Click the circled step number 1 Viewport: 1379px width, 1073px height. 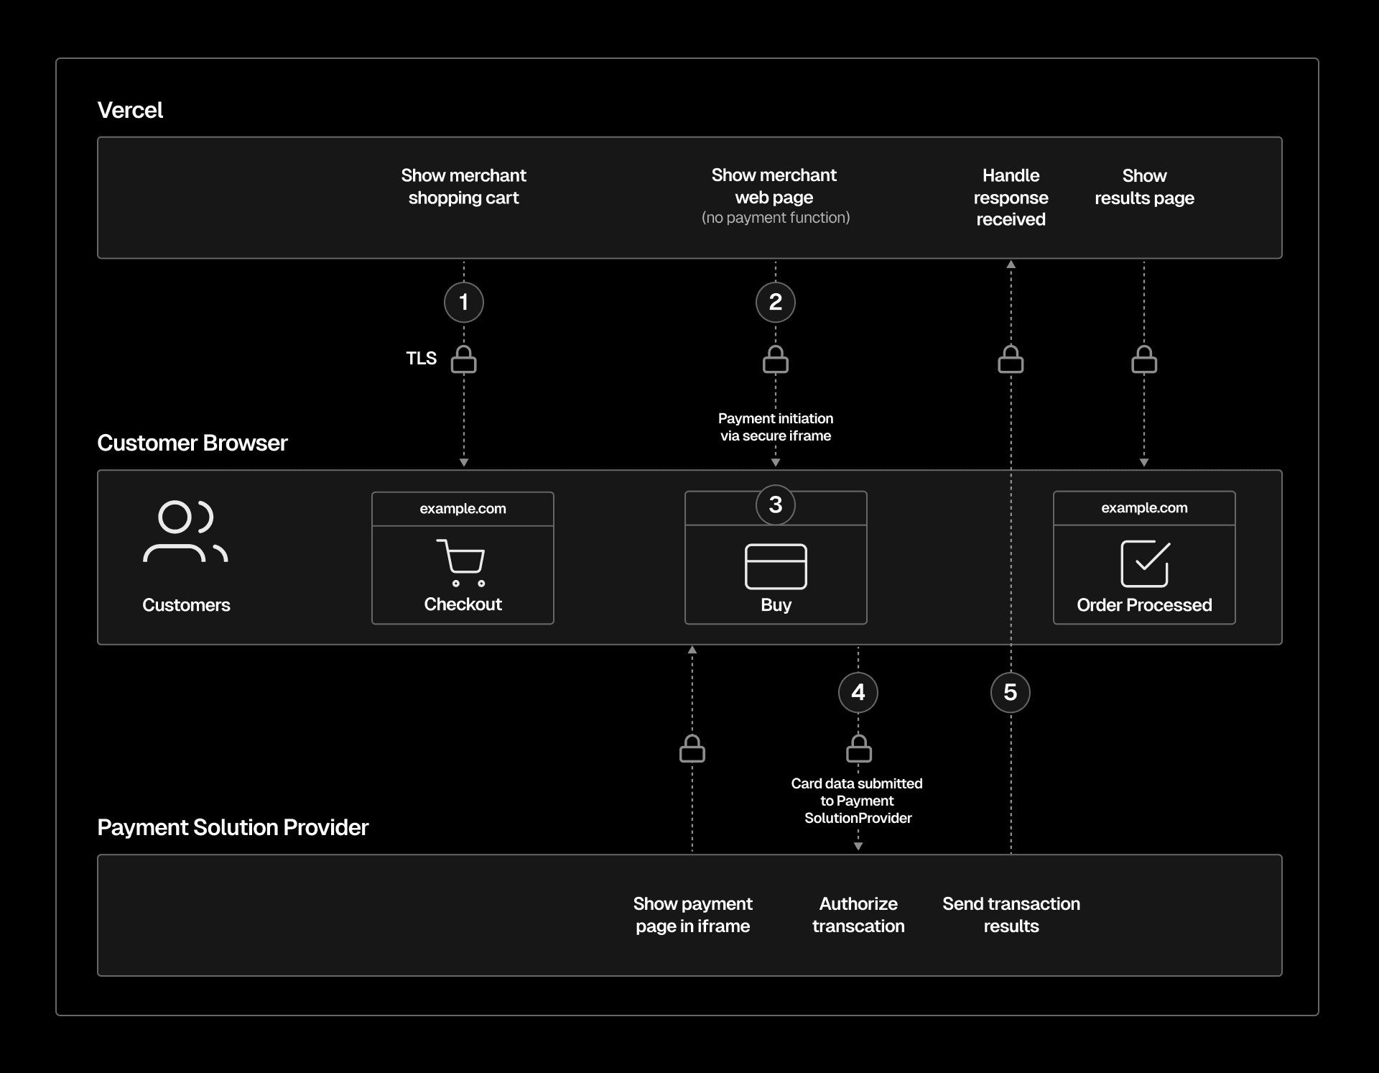point(463,302)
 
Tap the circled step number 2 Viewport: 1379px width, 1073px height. point(775,302)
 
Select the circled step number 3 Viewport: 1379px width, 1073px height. point(775,505)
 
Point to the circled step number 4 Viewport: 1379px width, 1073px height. point(858,692)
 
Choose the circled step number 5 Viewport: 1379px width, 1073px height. point(1010,692)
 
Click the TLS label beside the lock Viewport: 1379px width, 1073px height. point(421,359)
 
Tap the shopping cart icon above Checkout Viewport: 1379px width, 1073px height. point(461,562)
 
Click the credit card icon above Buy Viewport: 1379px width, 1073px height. point(776,566)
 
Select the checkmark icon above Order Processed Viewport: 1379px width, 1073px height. point(1144,563)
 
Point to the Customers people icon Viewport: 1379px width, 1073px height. point(185,532)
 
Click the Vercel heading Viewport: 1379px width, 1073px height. point(130,110)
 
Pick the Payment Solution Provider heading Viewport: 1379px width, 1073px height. point(233,827)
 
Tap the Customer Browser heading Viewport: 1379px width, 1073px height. point(192,443)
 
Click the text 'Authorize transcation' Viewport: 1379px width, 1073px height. point(858,915)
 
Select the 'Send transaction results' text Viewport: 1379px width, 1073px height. point(1011,915)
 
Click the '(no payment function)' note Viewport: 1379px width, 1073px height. point(775,218)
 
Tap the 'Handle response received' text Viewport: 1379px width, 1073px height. point(1011,198)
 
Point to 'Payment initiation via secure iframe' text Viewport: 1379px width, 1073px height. point(776,427)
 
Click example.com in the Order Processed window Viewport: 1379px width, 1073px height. point(1144,508)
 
